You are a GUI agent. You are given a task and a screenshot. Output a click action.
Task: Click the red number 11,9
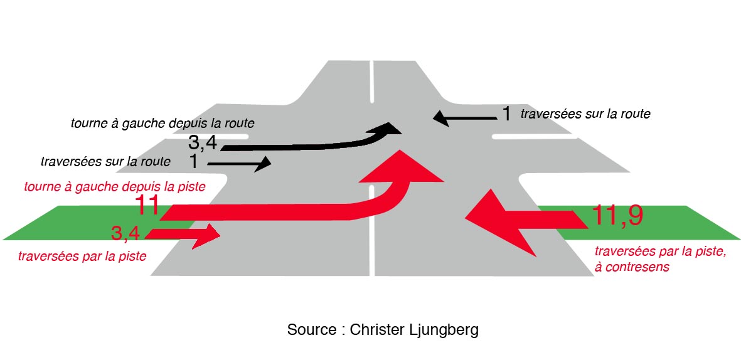(617, 216)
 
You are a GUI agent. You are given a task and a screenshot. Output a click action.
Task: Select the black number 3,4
(203, 143)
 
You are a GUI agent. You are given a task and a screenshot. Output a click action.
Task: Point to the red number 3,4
(125, 234)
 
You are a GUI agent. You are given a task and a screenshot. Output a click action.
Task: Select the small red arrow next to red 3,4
(188, 235)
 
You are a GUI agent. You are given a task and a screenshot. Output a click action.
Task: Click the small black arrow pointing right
(242, 164)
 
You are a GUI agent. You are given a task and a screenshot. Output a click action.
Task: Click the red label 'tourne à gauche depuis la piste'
(115, 186)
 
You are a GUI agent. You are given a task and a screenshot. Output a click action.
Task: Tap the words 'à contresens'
(631, 267)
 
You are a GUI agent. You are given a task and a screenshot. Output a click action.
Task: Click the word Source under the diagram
(311, 330)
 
